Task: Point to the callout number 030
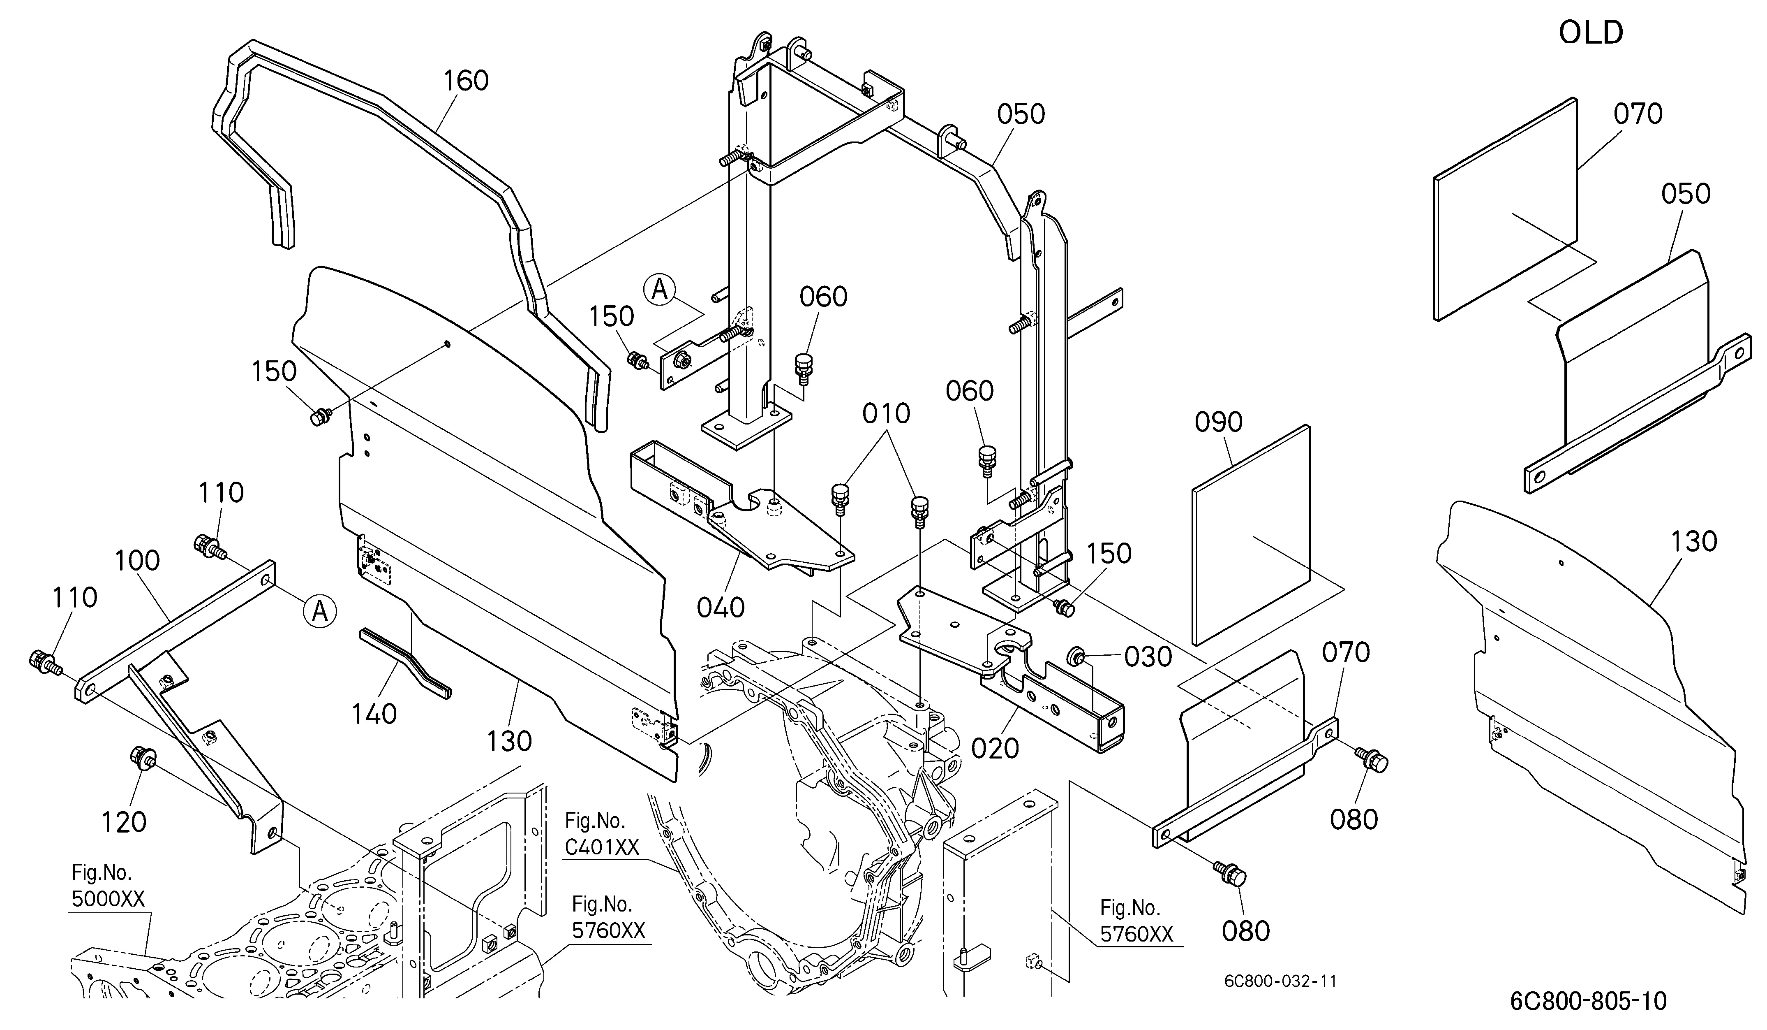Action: coord(1148,657)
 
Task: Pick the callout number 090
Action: coord(1219,422)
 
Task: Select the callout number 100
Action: coord(137,561)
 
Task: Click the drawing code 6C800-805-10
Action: coord(1588,1001)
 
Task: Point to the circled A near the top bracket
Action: coord(659,289)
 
